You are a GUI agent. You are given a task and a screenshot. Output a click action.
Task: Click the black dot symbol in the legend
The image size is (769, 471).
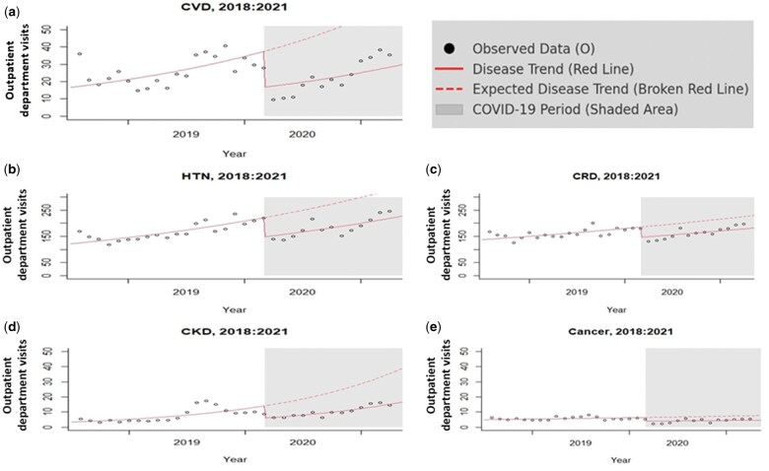pyautogui.click(x=451, y=47)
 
